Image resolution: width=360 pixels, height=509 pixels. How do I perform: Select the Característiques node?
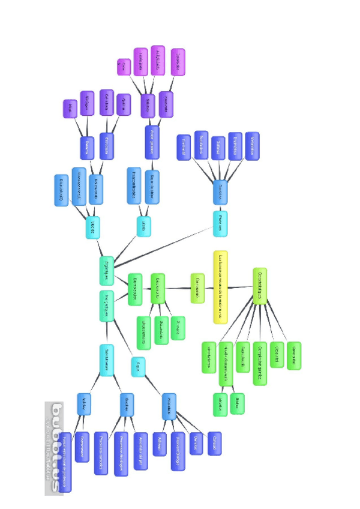pos(259,286)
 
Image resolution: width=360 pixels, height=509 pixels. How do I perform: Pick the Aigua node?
pos(138,366)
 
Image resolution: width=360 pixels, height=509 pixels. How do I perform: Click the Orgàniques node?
pos(106,270)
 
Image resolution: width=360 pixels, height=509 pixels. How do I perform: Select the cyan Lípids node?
pos(144,226)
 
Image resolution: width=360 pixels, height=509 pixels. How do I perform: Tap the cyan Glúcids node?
pos(93,227)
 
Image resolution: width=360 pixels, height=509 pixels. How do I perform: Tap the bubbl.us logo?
pos(57,447)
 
